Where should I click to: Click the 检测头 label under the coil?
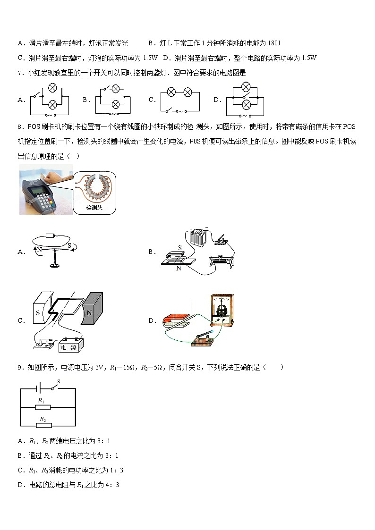pyautogui.click(x=94, y=208)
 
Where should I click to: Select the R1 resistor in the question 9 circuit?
pyautogui.click(x=42, y=406)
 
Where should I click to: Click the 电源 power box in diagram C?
pyautogui.click(x=70, y=347)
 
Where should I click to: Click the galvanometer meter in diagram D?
pyautogui.click(x=221, y=310)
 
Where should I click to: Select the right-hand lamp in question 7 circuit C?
pyautogui.click(x=187, y=93)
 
